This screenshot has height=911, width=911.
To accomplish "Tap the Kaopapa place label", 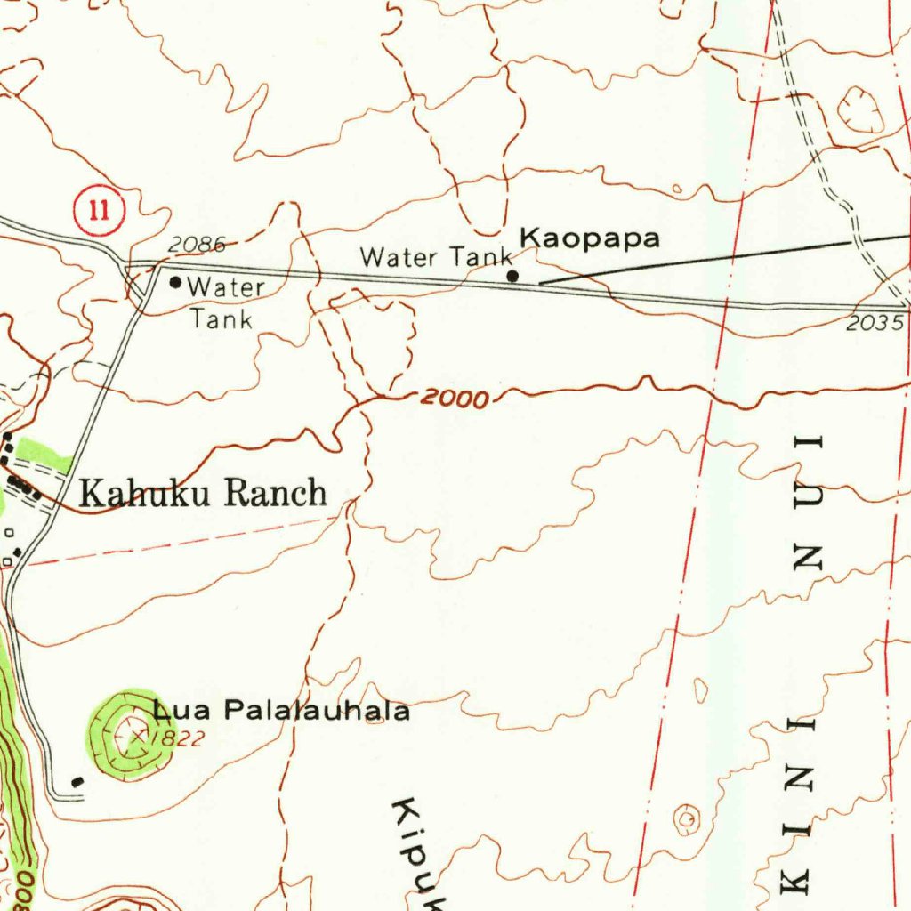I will point(590,238).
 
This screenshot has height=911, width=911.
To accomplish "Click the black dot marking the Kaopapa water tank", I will point(512,277).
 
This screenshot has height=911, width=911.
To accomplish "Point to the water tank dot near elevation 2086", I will point(175,283).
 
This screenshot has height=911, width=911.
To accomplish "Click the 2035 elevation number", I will point(874,324).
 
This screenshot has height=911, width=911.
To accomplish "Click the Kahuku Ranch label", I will point(203,492).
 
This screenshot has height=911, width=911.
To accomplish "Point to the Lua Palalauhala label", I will point(281,711).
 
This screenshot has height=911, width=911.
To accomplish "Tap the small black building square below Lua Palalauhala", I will point(78,781).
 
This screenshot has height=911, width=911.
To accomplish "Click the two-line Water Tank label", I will point(223,302).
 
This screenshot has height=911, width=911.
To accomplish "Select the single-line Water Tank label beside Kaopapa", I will point(436,258).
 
